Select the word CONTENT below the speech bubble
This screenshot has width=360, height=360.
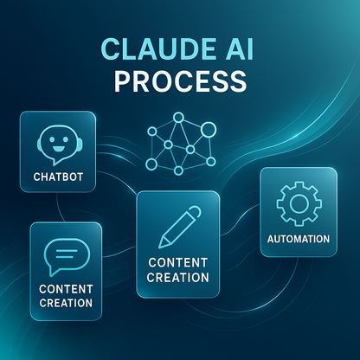click(x=65, y=287)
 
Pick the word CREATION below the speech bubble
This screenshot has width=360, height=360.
click(x=65, y=303)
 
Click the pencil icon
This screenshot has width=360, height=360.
click(x=179, y=226)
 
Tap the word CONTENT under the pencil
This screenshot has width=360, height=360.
click(x=179, y=262)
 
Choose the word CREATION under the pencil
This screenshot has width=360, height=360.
click(x=179, y=278)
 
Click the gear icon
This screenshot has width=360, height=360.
click(x=298, y=202)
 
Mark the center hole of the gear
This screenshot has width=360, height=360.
click(x=298, y=202)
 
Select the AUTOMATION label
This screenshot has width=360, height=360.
click(x=298, y=238)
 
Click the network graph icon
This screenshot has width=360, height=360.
click(x=181, y=143)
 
